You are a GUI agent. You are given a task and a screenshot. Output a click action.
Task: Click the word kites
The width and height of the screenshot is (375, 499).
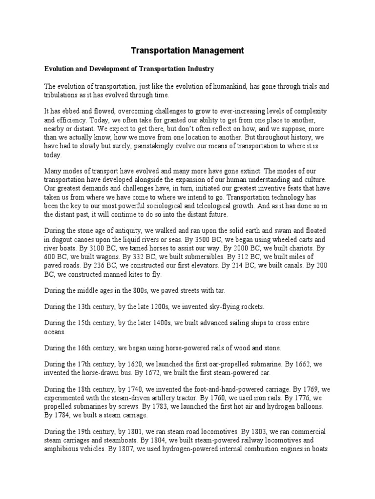(x=122, y=274)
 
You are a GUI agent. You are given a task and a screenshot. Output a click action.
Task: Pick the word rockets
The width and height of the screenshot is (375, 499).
(x=250, y=307)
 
